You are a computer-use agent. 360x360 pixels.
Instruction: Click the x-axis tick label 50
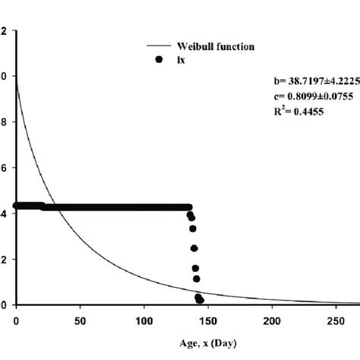point(79,321)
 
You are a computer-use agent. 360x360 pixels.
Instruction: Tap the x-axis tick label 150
point(206,321)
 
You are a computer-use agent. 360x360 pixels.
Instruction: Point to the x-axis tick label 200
point(270,321)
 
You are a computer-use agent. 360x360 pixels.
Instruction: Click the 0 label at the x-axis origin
point(16,321)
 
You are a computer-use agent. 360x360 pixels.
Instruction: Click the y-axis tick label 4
point(5,213)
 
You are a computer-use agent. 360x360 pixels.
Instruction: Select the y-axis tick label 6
point(5,168)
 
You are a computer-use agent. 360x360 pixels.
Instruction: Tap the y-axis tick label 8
point(5,122)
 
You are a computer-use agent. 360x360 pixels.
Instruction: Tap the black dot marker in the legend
point(159,59)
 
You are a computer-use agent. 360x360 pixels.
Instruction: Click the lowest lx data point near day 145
point(201,299)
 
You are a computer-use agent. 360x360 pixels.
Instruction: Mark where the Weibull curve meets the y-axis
point(16,77)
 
